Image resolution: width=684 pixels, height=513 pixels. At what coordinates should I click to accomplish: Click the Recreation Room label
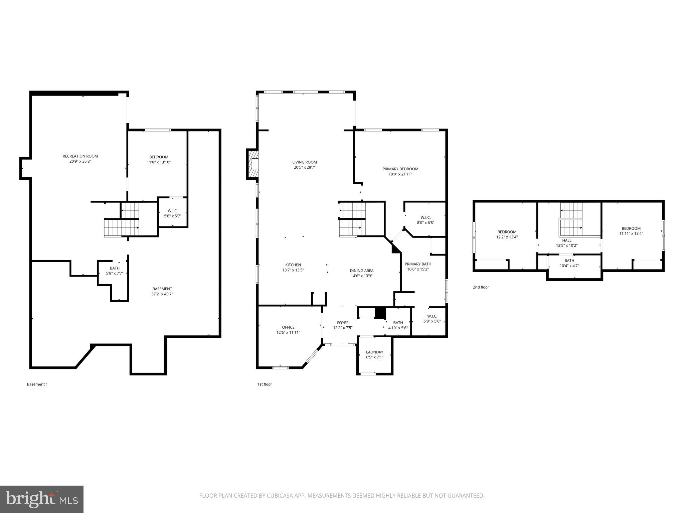(80, 156)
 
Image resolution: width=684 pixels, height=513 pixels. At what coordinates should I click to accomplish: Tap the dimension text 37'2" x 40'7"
(162, 294)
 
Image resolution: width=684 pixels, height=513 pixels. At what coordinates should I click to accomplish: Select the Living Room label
(305, 162)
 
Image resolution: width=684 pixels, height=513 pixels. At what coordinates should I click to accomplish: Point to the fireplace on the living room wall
(253, 164)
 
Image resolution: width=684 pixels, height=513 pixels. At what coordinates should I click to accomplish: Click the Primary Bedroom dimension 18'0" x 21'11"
(400, 174)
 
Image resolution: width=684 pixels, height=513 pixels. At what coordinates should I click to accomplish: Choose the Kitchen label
(293, 265)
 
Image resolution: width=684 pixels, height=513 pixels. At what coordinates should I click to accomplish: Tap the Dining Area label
(361, 271)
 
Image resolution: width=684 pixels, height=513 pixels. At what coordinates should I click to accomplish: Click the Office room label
(288, 327)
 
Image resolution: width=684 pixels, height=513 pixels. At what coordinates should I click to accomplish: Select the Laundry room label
(374, 352)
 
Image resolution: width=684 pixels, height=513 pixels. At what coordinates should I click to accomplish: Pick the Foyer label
(343, 323)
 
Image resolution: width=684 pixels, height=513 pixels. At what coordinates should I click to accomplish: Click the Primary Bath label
(418, 264)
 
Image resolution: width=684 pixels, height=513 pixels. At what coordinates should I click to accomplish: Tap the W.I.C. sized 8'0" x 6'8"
(425, 220)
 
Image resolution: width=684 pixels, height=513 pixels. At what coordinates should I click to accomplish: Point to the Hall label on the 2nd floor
(567, 240)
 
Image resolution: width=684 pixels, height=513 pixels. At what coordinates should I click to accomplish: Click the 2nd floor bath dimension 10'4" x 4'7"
(569, 266)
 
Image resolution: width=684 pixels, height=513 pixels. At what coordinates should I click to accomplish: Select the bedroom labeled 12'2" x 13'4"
(507, 234)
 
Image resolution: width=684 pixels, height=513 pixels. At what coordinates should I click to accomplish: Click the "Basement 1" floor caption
(37, 384)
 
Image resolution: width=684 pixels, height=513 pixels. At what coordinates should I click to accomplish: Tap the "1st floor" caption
(265, 384)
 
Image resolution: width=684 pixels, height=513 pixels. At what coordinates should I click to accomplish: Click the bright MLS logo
(42, 499)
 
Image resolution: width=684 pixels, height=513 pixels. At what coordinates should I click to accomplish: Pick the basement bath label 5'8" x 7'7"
(115, 271)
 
